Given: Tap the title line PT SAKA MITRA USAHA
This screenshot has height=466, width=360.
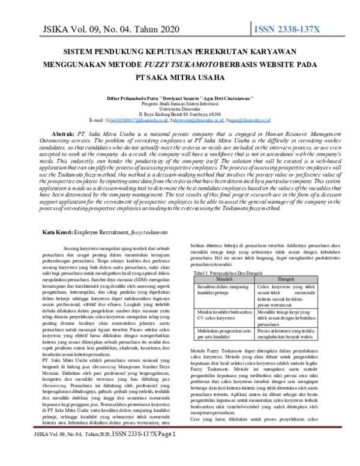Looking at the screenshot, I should [180, 76].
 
